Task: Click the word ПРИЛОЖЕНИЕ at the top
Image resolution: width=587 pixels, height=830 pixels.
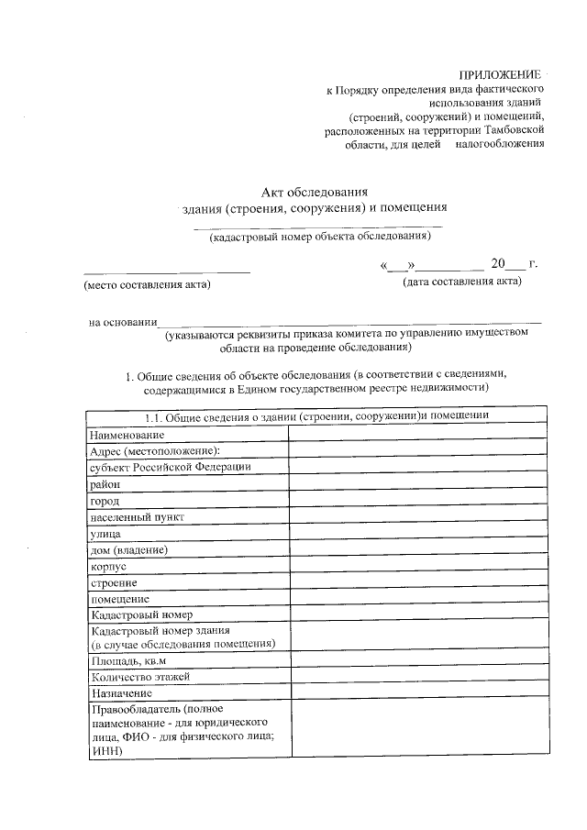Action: point(502,74)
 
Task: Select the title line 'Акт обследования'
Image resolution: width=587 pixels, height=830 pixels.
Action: point(315,192)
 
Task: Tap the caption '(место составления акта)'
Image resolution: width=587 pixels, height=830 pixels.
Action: point(147,285)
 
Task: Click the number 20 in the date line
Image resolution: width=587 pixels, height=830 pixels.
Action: point(498,264)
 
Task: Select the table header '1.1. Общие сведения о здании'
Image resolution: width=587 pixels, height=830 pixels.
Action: point(317,415)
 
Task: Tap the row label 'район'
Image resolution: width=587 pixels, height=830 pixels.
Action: point(105,483)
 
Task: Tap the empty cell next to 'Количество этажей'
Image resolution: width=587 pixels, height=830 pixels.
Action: point(419,677)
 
